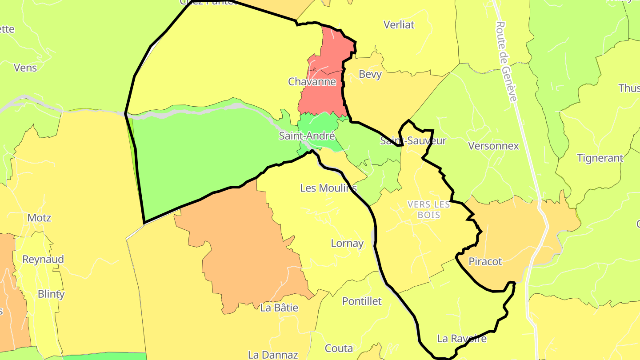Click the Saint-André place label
[307, 136]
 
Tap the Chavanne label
[312, 82]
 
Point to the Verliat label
[399, 25]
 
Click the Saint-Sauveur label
[413, 141]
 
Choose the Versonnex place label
[493, 146]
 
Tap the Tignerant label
[600, 158]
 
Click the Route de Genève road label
[506, 61]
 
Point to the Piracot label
[485, 261]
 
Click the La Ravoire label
[462, 339]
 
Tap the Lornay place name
[347, 244]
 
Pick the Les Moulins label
[328, 188]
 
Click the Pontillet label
[362, 301]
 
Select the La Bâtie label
[279, 308]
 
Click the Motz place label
[39, 218]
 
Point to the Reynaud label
[43, 259]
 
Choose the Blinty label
[51, 294]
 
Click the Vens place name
[25, 68]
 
